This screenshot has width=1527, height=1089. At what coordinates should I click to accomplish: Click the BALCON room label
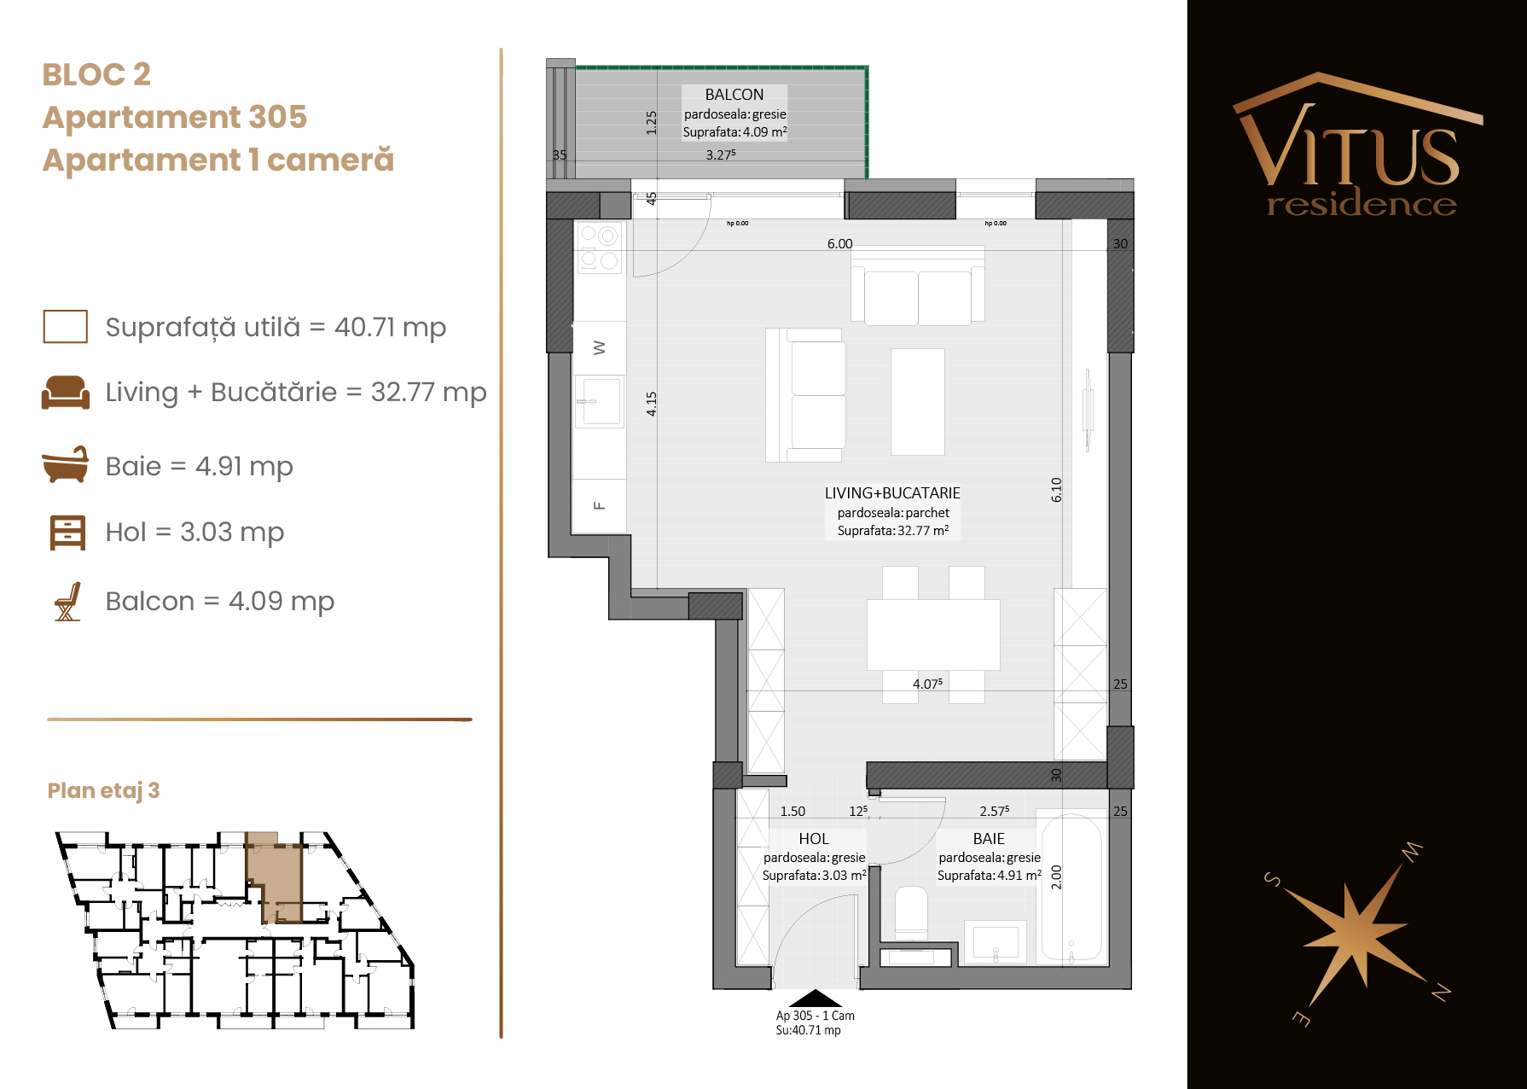tap(734, 95)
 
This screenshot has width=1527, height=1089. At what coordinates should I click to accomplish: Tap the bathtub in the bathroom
tap(1071, 888)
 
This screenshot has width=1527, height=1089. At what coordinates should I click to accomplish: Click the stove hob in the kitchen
tap(600, 247)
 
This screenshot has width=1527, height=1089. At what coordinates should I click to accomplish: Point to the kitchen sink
tap(600, 401)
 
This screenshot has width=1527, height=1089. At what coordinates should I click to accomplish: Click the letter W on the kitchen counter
tap(599, 348)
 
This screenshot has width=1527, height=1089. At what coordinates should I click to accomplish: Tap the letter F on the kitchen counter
tap(599, 506)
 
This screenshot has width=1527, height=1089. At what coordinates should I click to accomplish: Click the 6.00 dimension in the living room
tap(839, 244)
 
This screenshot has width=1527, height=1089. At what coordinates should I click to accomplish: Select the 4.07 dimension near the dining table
tap(927, 684)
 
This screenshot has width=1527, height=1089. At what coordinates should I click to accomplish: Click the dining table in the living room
tap(933, 635)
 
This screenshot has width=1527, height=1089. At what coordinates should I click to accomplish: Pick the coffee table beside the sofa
tap(918, 402)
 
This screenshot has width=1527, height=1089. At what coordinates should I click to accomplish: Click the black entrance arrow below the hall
tap(816, 999)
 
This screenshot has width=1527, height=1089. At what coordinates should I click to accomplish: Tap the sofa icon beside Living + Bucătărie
tap(66, 393)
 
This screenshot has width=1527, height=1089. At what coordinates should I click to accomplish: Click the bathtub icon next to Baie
tap(66, 464)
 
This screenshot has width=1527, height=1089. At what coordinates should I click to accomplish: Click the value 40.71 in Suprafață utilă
tap(364, 327)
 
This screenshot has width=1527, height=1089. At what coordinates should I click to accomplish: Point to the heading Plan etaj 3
tap(103, 790)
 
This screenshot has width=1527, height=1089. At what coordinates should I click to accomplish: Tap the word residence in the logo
tap(1362, 204)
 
